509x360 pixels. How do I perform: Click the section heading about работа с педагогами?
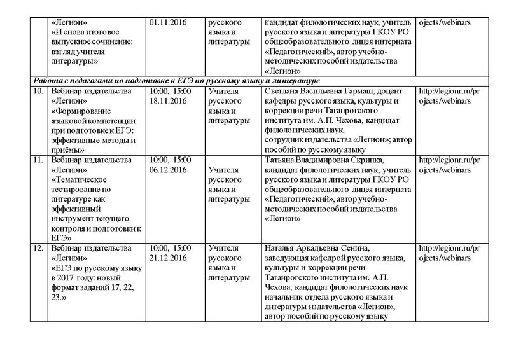(174, 81)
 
